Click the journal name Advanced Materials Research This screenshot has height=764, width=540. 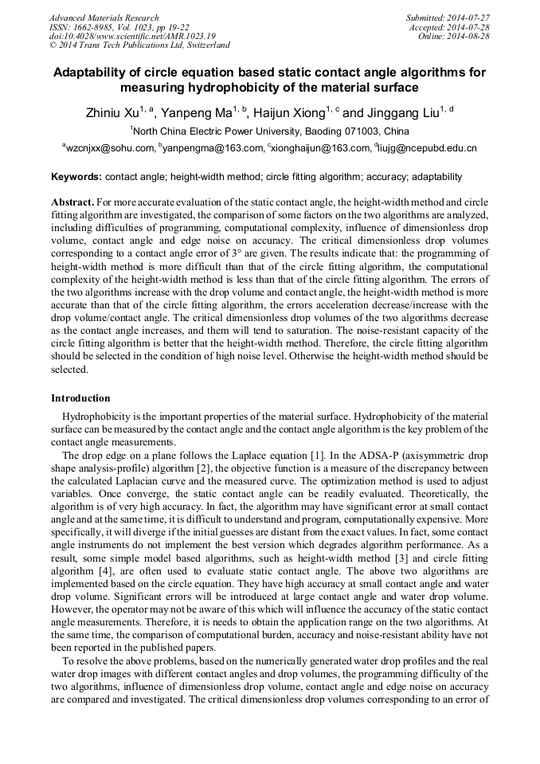(104, 18)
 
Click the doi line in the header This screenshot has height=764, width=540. (132, 37)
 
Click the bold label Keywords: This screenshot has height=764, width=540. (76, 177)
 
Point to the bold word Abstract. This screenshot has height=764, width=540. (72, 202)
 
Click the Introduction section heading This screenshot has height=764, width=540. (80, 398)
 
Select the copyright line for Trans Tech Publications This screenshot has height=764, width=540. (139, 46)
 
